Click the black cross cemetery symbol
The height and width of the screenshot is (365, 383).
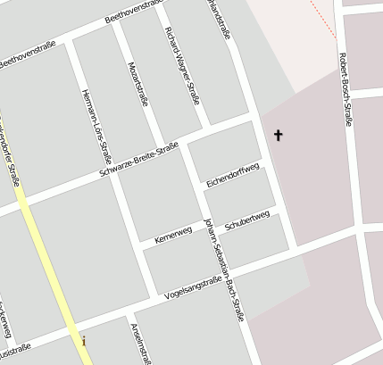(278, 136)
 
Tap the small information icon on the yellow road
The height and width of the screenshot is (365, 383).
(84, 341)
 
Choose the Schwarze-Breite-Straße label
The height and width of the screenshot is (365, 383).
(140, 159)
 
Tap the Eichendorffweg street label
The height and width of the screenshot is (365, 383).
(232, 174)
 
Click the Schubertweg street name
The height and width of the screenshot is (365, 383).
(247, 220)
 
